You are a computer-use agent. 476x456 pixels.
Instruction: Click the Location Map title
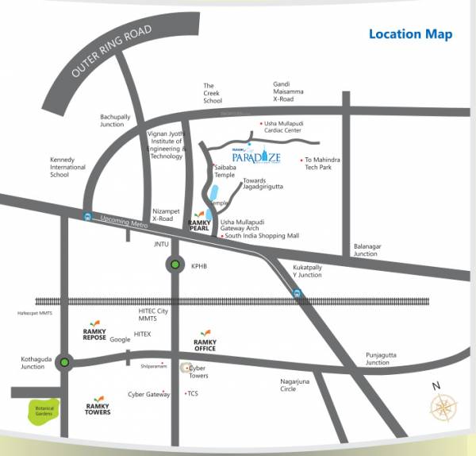coord(410,34)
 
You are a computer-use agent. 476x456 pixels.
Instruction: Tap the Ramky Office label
coord(205,345)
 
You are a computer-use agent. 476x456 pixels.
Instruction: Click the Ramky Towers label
coord(98,408)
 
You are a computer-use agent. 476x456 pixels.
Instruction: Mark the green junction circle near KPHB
coord(175,265)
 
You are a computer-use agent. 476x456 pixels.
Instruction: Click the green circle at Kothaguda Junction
coord(64,363)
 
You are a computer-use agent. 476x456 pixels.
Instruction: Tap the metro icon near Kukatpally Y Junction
coord(297,293)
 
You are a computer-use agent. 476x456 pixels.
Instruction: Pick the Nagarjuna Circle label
coord(299,385)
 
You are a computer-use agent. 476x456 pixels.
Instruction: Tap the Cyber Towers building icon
coord(186,368)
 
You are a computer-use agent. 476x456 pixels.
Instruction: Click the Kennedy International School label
coord(67,167)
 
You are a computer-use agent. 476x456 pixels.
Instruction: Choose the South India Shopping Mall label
coord(261,236)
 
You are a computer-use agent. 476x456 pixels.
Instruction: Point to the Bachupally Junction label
coord(112,120)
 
